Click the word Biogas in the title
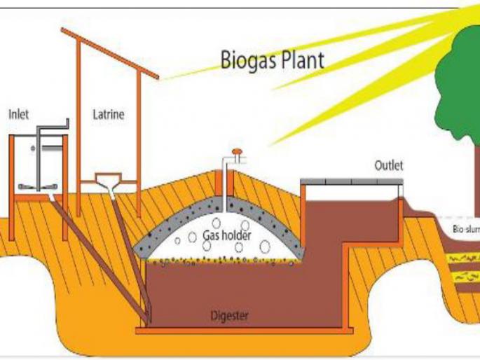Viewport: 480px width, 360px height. (x=245, y=60)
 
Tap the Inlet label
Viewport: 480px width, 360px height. (x=18, y=114)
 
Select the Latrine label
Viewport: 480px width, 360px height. (x=109, y=114)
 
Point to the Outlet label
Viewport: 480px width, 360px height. (x=388, y=166)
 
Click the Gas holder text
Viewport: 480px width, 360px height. (x=223, y=236)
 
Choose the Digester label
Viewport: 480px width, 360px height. (x=229, y=315)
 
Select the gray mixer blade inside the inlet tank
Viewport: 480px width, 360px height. (x=41, y=186)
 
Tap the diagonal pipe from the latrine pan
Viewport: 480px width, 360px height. (x=130, y=245)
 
